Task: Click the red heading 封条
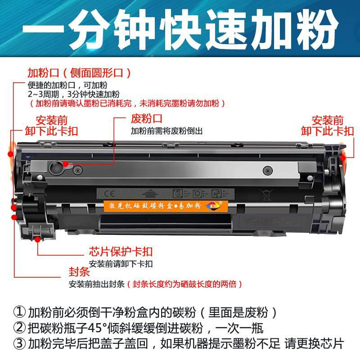(x=79, y=272)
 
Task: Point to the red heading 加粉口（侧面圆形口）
(x=79, y=72)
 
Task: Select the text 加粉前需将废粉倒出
(x=167, y=131)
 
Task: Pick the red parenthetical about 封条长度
(x=185, y=284)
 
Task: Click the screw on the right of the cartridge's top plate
(x=266, y=171)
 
